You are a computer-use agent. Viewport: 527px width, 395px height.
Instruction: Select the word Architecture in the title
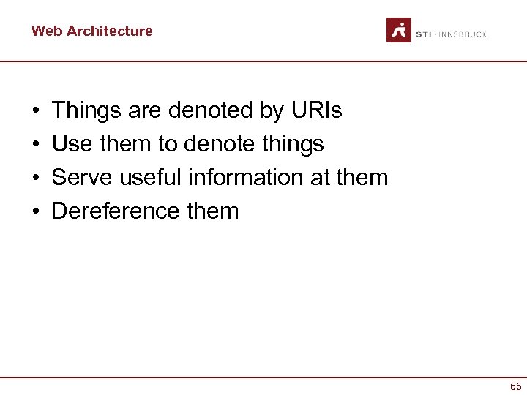tap(109, 31)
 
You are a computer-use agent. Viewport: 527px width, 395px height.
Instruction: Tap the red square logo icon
tap(399, 30)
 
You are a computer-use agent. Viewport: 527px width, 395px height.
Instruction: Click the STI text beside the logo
tap(424, 34)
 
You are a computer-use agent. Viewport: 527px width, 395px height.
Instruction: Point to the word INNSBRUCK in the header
tap(463, 34)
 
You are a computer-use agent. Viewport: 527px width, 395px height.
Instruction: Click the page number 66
tap(515, 386)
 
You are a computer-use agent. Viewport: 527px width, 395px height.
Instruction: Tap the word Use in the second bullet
tap(72, 144)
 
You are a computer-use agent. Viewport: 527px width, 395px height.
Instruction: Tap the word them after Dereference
tap(213, 211)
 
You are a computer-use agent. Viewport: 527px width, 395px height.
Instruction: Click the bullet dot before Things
tap(36, 111)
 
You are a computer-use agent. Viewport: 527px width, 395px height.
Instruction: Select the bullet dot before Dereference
tap(36, 212)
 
